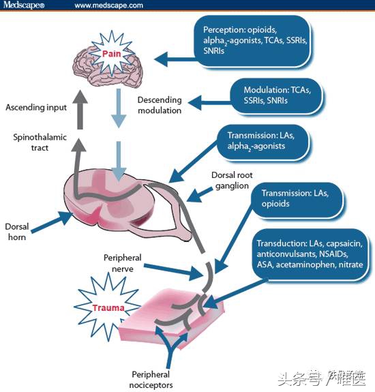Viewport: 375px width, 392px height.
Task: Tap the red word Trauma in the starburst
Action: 108,308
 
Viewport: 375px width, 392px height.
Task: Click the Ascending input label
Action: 36,107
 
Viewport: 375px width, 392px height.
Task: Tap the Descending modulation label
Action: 160,105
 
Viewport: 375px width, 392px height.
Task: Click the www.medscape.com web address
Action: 108,5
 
